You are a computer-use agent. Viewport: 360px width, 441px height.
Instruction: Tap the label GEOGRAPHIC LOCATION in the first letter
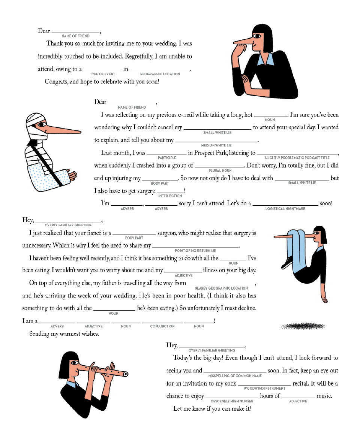[x=160, y=74]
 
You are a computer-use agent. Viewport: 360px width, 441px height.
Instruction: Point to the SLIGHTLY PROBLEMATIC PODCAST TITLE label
[x=297, y=158]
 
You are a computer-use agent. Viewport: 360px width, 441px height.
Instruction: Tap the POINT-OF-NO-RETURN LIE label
[x=195, y=251]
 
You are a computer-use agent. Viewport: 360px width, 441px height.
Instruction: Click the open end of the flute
[x=126, y=374]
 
